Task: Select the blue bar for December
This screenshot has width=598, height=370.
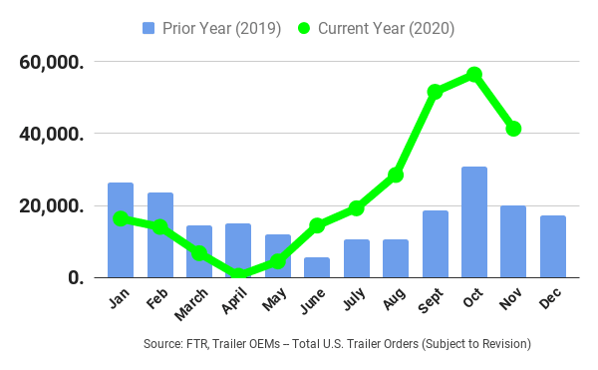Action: [x=553, y=246]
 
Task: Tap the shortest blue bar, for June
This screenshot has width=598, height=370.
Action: [x=317, y=267]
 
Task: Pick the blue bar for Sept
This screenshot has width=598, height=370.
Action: [x=436, y=244]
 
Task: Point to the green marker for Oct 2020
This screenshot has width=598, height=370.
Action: [x=474, y=75]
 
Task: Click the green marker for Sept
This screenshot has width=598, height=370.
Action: [x=436, y=92]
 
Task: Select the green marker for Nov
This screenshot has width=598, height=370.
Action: [x=513, y=129]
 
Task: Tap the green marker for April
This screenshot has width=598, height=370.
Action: [x=238, y=275]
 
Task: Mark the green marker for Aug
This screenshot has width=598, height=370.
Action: [x=396, y=175]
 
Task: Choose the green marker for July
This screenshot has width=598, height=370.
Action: [x=357, y=207]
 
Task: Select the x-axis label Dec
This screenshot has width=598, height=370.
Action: [x=550, y=298]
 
